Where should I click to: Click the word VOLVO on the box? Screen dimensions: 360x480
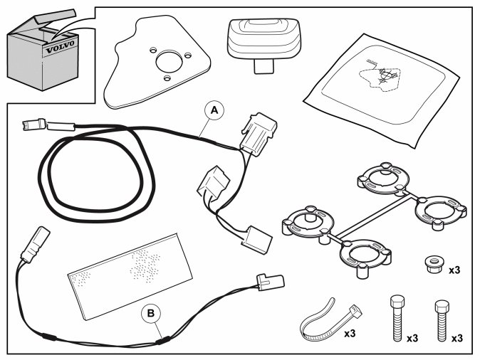(60, 51)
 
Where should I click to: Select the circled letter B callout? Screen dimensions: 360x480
(150, 312)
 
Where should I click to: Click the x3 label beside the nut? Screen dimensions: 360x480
(455, 270)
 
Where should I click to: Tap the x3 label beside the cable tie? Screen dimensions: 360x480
(350, 333)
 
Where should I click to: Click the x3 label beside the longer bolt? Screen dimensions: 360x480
(412, 338)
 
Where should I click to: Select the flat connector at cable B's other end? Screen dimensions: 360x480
(269, 283)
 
